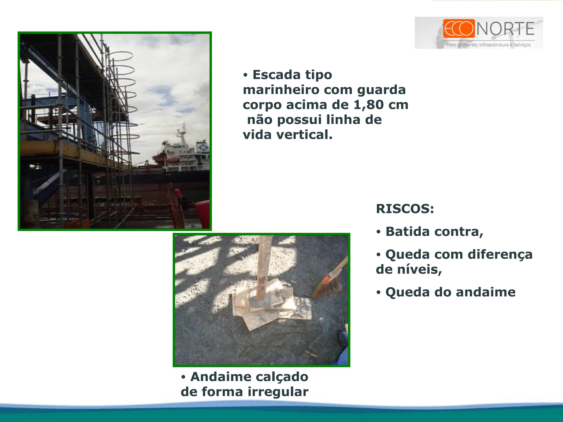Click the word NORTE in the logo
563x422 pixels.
coord(506,29)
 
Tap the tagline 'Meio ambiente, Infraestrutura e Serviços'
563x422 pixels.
coord(488,45)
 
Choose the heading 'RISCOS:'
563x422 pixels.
coord(405,209)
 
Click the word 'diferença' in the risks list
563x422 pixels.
coord(500,255)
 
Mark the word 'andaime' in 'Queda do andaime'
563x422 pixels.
coord(485,292)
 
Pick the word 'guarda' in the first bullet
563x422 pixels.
coord(381,90)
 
